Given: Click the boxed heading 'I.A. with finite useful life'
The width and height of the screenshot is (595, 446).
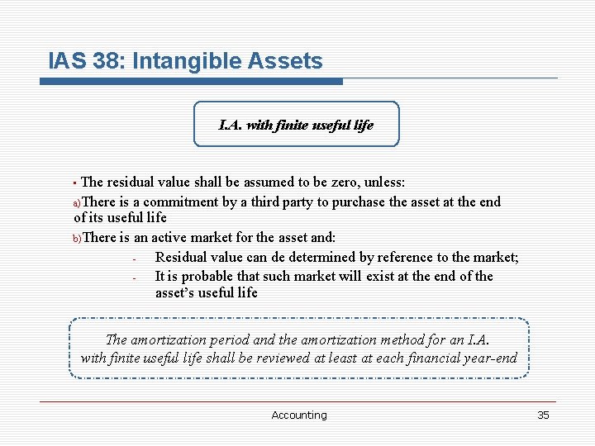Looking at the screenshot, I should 296,125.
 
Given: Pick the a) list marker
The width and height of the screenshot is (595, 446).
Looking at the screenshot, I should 77,203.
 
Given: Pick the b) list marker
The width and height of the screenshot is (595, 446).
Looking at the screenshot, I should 77,239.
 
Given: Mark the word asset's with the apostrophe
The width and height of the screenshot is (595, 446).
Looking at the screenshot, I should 177,293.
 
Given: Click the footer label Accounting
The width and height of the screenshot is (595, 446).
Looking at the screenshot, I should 299,415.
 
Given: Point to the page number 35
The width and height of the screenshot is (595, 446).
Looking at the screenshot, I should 543,415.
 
